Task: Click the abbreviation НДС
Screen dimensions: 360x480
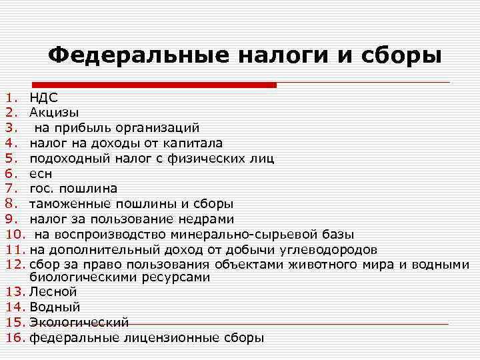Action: coord(44,98)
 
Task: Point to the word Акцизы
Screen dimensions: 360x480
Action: coord(54,112)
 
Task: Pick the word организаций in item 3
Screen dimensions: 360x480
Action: coord(157,127)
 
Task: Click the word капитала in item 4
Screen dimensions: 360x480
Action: coord(196,143)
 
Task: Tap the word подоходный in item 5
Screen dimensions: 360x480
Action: coord(64,158)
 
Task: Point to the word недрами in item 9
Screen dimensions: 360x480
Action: coord(208,219)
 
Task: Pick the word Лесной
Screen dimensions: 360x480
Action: coord(53,292)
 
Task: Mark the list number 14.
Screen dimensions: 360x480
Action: coord(15,307)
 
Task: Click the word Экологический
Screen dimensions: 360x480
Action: coord(79,322)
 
